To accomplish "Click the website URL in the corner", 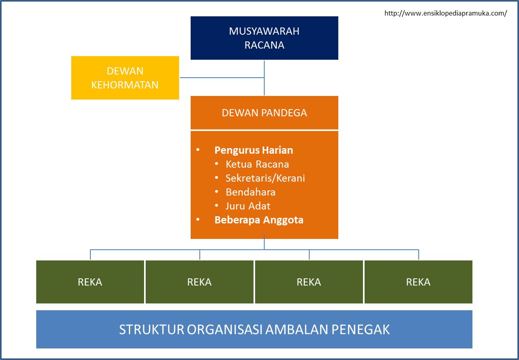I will pos(445,13).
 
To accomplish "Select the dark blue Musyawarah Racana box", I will pos(264,38).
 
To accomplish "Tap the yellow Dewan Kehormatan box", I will pos(125,78).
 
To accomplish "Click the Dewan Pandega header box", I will pos(264,113).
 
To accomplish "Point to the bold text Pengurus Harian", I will pos(254,150).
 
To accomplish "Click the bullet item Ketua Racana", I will pos(257,164).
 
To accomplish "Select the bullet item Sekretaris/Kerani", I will pos(265,178).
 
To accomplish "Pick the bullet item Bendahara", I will pos(250,192).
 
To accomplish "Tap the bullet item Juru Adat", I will pos(248,206).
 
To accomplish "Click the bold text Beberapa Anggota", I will pos(259,220).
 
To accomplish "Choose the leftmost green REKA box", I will pos(90,282).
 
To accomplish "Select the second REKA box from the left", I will pos(199,282).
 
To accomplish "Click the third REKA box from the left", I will pos(309,282).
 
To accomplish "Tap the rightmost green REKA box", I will pos(418,282).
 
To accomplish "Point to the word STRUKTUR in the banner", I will pos(151,330).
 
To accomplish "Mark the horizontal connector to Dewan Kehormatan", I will pos(221,78).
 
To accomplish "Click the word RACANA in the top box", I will pos(264,45).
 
